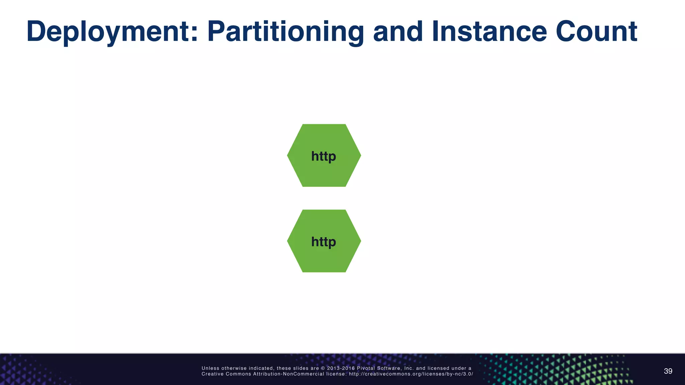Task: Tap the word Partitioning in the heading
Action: click(x=286, y=32)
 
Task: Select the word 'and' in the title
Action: click(x=398, y=32)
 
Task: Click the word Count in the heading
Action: click(x=596, y=32)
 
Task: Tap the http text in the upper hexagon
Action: click(x=323, y=156)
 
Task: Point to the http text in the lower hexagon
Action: click(x=323, y=242)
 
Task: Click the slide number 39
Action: click(x=668, y=371)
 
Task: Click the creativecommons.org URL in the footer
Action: click(x=411, y=374)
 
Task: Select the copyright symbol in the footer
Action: click(x=323, y=368)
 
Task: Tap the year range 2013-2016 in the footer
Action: click(x=341, y=368)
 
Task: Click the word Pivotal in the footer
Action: click(x=366, y=368)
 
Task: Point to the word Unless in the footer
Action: click(x=210, y=368)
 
